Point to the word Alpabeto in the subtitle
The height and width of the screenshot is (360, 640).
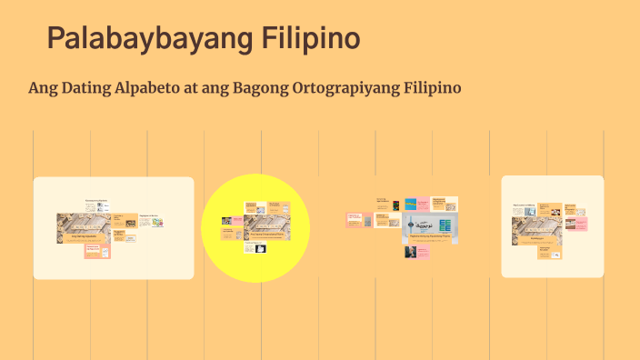pos(163,88)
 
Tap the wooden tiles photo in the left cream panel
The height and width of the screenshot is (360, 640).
pos(84,227)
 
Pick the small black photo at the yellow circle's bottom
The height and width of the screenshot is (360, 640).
pos(248,247)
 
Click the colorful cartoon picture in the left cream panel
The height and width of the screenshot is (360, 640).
pos(157,221)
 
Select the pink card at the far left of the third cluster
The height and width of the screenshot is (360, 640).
pos(353,219)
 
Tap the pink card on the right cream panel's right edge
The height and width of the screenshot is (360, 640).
pos(575,224)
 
